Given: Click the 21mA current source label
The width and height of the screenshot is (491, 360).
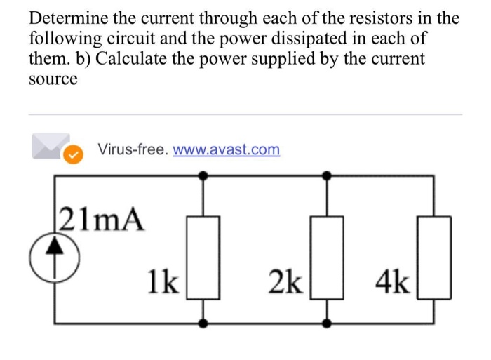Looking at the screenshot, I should pyautogui.click(x=103, y=220).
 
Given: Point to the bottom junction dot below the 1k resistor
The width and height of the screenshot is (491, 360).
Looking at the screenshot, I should pyautogui.click(x=204, y=324).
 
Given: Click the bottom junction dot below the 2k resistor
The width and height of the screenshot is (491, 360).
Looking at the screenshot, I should pyautogui.click(x=328, y=324).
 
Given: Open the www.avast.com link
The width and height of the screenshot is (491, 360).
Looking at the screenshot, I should pyautogui.click(x=226, y=149).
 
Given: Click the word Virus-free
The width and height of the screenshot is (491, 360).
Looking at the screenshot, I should pyautogui.click(x=133, y=149).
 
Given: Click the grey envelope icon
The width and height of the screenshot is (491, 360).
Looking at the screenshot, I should pyautogui.click(x=51, y=146).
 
